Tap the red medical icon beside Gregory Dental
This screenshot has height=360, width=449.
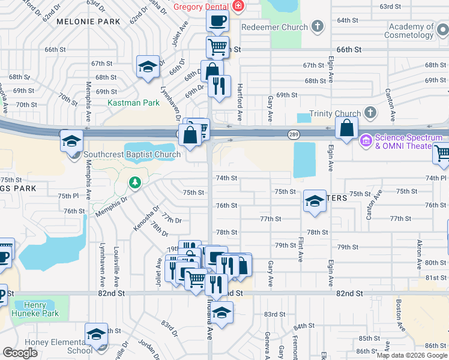pyautogui.click(x=238, y=7)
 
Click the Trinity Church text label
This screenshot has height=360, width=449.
pyautogui.click(x=335, y=113)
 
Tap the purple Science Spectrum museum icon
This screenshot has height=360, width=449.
pyautogui.click(x=366, y=142)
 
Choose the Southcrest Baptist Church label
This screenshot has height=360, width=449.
pyautogui.click(x=132, y=154)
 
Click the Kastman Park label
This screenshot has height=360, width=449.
pyautogui.click(x=133, y=103)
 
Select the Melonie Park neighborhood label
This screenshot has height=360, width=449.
pyautogui.click(x=88, y=22)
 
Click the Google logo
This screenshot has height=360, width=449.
pyautogui.click(x=20, y=353)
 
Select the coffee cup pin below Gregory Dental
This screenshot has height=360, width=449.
pyautogui.click(x=217, y=21)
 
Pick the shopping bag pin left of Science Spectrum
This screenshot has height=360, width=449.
pyautogui.click(x=347, y=127)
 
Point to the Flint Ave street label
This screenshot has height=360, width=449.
pyautogui.click(x=301, y=248)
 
